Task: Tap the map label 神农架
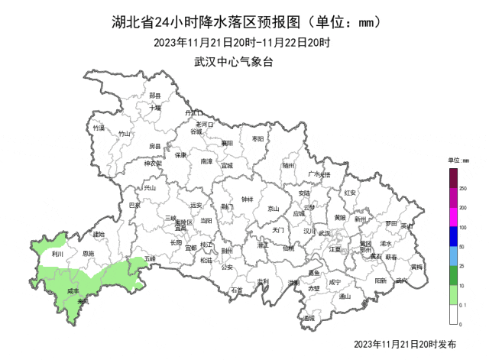(x=154, y=163)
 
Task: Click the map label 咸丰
(x=73, y=291)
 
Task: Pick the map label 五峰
(x=148, y=260)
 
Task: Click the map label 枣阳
(x=257, y=138)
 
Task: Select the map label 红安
(x=350, y=193)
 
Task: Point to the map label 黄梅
(x=416, y=267)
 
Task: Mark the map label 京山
(x=273, y=208)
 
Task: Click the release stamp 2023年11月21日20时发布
(x=406, y=345)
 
